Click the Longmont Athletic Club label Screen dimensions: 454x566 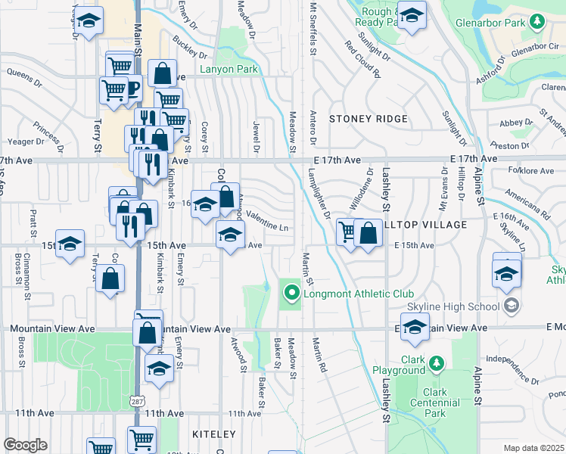357,294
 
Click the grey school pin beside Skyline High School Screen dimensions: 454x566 512,306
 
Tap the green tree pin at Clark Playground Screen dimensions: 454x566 436,365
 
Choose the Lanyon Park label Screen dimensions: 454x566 229,70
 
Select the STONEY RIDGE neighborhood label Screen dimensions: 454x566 369,119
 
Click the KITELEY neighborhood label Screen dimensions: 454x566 214,434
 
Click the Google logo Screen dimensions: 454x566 26,444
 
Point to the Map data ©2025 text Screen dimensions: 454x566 534,448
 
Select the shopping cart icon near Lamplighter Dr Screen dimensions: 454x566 347,231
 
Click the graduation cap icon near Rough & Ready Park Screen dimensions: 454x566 411,15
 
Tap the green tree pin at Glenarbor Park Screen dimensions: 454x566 536,23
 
